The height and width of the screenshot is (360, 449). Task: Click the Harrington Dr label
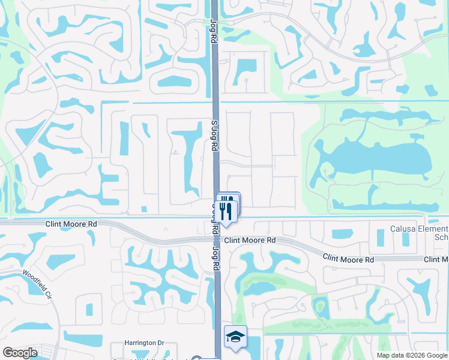(x=144, y=343)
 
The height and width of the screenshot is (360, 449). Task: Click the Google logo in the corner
(x=20, y=353)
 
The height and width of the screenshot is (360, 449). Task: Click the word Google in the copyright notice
(x=436, y=355)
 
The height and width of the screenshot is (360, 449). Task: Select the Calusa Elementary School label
(x=418, y=233)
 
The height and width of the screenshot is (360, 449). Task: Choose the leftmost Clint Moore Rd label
(x=71, y=223)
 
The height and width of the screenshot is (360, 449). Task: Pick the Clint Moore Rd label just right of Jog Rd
(x=250, y=240)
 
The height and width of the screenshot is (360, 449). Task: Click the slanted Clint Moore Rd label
(x=348, y=258)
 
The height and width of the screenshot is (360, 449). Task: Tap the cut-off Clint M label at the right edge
(x=436, y=259)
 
